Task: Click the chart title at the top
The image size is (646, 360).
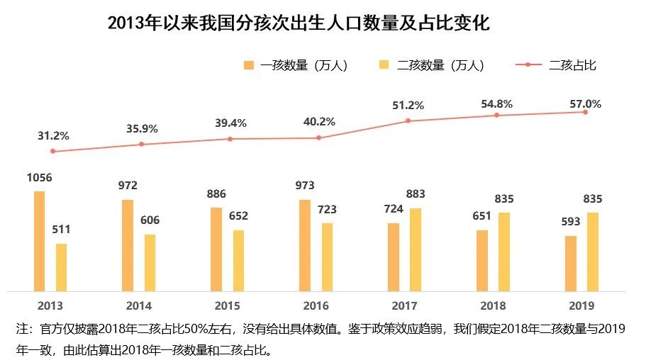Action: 299,24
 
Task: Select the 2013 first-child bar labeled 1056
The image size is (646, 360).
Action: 39,241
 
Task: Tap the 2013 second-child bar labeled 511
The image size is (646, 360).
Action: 62,267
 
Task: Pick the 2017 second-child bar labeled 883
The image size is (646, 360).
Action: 416,249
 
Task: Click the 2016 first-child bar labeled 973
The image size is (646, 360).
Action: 305,245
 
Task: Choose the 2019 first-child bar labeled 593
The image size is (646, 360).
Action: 570,263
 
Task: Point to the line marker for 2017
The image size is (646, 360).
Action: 408,121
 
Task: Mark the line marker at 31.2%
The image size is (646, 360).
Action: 53,152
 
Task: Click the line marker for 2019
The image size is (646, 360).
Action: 585,112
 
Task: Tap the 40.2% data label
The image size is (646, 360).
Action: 319,122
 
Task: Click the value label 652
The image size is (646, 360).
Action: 238,216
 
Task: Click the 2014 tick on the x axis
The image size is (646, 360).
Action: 138,305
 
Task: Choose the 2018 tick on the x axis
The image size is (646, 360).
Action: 493,305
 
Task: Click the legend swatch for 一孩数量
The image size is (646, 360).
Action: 248,65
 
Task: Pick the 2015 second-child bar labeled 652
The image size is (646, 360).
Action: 238,260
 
